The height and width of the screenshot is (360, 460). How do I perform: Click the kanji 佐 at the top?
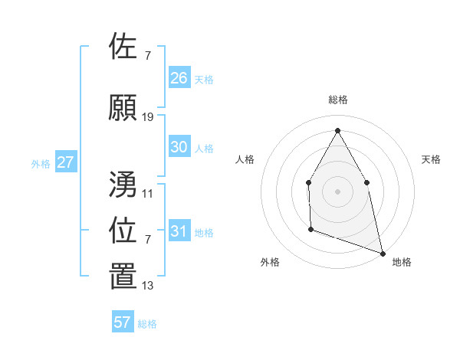123,47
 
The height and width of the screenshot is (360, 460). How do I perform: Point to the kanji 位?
123,231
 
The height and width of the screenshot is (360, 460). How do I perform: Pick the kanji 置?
123,277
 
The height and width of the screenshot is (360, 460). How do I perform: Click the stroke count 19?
148,117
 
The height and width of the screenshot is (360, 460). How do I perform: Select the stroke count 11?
148,193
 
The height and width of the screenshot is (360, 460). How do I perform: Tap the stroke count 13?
148,286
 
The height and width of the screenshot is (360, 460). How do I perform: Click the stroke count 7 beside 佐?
148,55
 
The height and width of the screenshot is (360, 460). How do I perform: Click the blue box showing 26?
179,77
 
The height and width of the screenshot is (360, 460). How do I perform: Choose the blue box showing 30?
179,147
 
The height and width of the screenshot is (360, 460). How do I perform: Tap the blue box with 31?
179,231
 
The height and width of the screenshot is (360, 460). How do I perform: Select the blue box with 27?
66,162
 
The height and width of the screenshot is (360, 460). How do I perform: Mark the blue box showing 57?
123,322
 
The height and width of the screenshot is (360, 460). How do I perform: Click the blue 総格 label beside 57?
147,324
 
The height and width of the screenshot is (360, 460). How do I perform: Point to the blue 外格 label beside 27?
41,164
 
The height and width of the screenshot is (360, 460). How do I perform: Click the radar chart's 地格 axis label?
402,262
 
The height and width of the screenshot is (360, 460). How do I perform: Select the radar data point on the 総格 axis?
337,130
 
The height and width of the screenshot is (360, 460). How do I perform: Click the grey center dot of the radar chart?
337,191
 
